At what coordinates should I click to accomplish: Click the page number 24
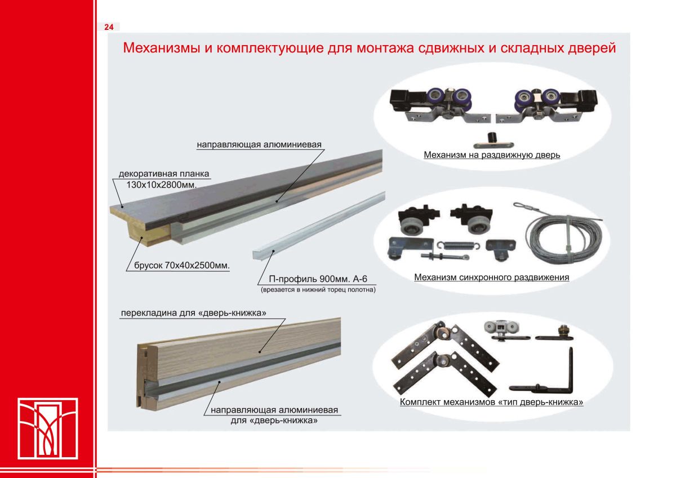(x=109, y=27)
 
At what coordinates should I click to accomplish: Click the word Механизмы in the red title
(x=161, y=48)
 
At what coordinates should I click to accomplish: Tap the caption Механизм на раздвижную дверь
(x=492, y=154)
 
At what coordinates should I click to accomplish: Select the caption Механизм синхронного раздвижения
(x=492, y=277)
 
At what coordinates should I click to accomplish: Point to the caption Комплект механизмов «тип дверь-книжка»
(x=492, y=402)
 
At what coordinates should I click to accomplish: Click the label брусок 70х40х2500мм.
(x=182, y=265)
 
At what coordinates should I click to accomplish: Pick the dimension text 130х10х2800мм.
(x=162, y=184)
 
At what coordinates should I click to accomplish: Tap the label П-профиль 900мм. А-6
(x=318, y=278)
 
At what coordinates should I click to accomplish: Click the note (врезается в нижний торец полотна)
(x=318, y=290)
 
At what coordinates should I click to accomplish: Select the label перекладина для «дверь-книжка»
(x=193, y=313)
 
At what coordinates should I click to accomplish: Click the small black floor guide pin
(x=493, y=141)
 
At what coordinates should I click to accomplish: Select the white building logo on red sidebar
(x=48, y=428)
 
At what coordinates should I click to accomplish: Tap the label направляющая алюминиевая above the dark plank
(x=259, y=145)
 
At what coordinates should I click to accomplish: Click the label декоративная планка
(x=164, y=174)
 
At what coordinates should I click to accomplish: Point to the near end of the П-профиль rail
(x=257, y=254)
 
